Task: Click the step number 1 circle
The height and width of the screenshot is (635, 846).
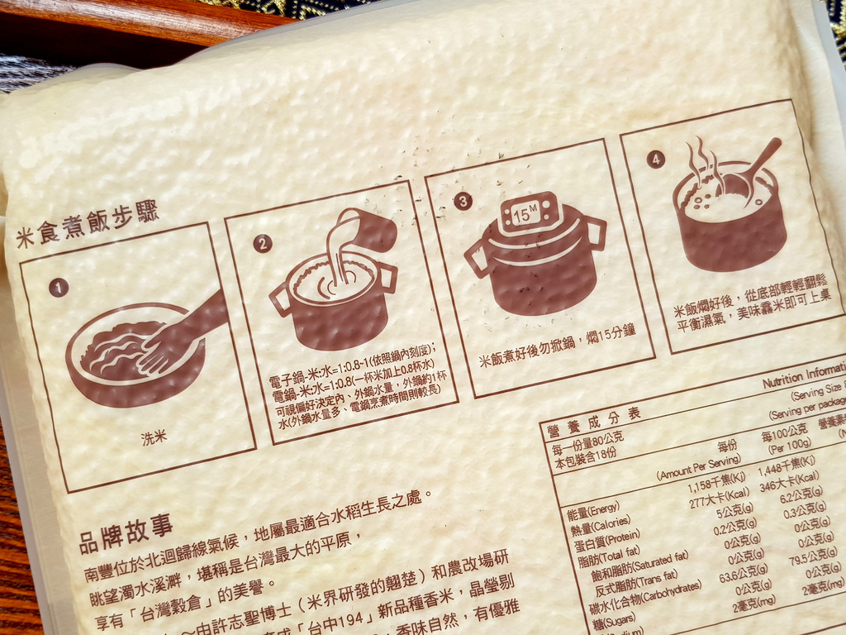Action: click(x=58, y=288)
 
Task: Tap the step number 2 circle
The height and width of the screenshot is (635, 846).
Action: click(x=263, y=243)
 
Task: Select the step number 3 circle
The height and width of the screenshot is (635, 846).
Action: click(x=463, y=201)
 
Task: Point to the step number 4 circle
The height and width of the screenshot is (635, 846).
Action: click(x=656, y=160)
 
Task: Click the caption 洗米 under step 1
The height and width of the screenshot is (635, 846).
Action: click(x=154, y=437)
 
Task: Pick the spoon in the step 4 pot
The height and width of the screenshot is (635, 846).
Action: click(x=756, y=170)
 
